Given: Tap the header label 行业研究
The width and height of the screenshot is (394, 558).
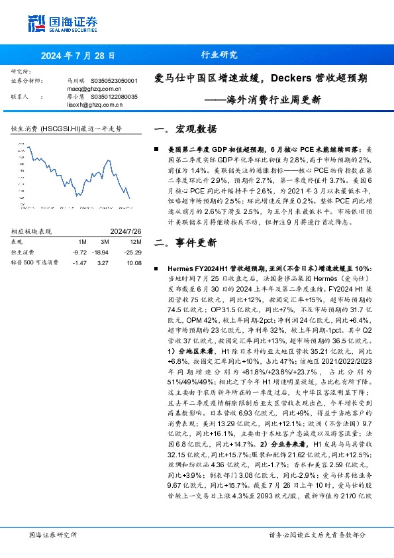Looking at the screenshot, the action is (219, 56).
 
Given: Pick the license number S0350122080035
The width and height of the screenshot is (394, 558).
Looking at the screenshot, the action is (114, 96).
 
